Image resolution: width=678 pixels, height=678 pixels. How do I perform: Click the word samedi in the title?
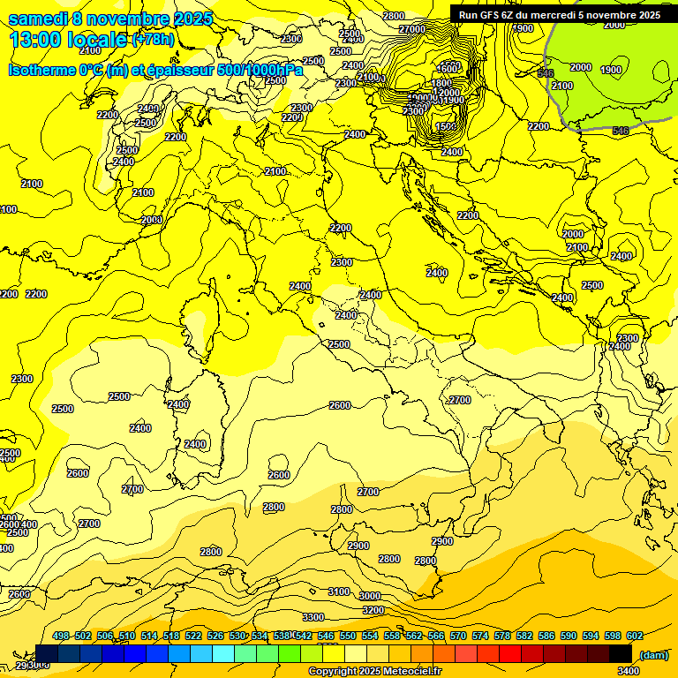pyautogui.click(x=36, y=19)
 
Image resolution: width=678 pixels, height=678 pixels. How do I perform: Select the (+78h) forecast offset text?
pyautogui.click(x=153, y=40)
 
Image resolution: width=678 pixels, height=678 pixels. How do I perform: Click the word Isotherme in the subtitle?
pyautogui.click(x=41, y=70)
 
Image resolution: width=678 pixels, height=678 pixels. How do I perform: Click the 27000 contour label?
pyautogui.click(x=412, y=29)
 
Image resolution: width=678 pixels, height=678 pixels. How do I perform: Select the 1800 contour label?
pyautogui.click(x=441, y=83)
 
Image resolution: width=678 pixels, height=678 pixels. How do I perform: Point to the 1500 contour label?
pyautogui.click(x=447, y=127)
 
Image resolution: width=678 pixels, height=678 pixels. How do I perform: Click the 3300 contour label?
pyautogui.click(x=313, y=617)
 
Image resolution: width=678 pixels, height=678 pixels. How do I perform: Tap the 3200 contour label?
pyautogui.click(x=373, y=610)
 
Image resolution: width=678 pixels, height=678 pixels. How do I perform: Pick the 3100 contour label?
pyautogui.click(x=338, y=591)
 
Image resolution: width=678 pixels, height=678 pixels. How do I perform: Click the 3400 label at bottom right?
pyautogui.click(x=629, y=671)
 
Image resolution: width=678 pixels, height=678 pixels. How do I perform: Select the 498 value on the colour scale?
pyautogui.click(x=61, y=637)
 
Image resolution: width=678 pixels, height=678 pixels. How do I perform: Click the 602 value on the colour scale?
pyautogui.click(x=635, y=637)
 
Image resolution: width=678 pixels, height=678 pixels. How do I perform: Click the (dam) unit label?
pyautogui.click(x=653, y=654)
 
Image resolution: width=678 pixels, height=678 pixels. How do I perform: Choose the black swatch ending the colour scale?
pyautogui.click(x=621, y=653)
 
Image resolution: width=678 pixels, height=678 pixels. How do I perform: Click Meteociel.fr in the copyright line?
pyautogui.click(x=411, y=672)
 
